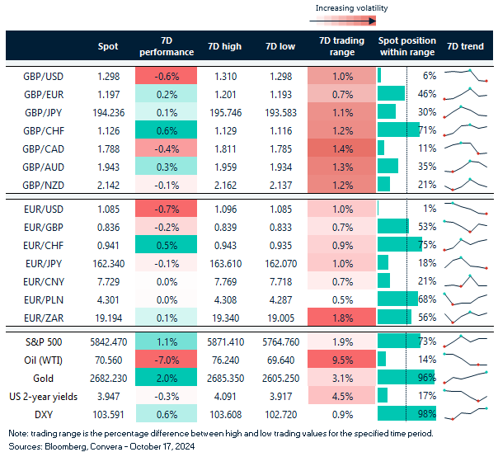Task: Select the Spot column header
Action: click(x=108, y=47)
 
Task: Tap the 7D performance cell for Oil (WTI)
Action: click(x=166, y=360)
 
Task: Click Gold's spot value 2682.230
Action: click(x=108, y=379)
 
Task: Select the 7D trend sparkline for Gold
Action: click(x=467, y=379)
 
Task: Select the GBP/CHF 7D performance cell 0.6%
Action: click(x=166, y=130)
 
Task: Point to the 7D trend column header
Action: click(x=467, y=47)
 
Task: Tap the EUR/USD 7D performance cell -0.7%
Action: click(x=166, y=208)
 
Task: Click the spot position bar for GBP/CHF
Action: click(x=402, y=130)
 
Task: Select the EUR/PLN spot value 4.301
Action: click(x=108, y=299)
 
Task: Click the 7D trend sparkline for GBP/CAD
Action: click(x=467, y=148)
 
